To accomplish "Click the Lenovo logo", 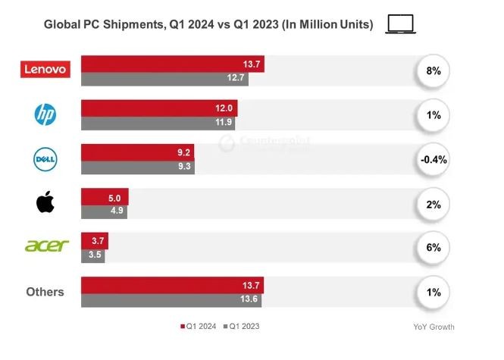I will [45, 70].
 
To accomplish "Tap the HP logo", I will [45, 114].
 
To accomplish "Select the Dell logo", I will [45, 159].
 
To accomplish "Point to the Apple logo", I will [45, 203].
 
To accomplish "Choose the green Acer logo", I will [46, 246].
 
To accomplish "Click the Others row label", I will [45, 292].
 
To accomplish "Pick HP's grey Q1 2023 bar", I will [158, 121].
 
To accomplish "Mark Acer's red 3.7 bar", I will [95, 241].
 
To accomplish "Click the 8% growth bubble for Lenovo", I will [433, 70].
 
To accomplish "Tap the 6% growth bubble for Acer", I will [433, 248].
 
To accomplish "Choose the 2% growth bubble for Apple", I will [433, 203].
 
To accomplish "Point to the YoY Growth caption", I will [434, 327].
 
